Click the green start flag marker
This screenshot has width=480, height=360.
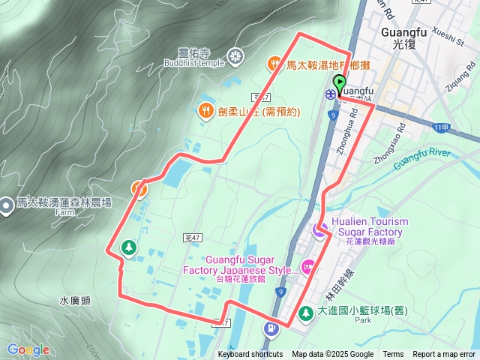[340, 84]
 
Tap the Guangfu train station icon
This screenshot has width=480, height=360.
[330, 94]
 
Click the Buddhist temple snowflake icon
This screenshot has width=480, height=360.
[235, 56]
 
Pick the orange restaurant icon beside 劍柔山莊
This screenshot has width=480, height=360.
[205, 111]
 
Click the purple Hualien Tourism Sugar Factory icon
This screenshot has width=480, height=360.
[319, 231]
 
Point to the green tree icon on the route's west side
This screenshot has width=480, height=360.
[128, 247]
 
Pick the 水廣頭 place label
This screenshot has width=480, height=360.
[75, 301]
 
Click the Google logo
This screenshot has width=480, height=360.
[28, 349]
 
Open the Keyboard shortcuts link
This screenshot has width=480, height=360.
[250, 355]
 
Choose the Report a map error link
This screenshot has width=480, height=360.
[445, 355]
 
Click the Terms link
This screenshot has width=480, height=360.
[393, 355]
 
